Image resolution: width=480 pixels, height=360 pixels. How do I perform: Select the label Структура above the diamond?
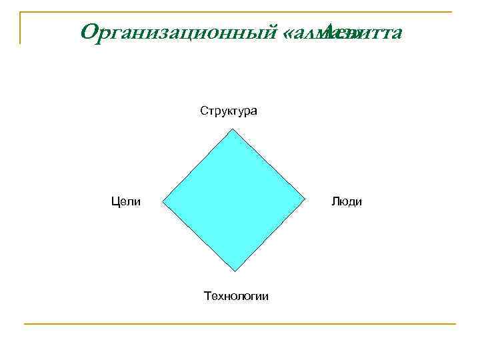(229, 111)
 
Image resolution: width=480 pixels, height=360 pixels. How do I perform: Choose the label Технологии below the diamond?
(237, 295)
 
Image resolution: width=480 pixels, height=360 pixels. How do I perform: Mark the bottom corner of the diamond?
(236, 271)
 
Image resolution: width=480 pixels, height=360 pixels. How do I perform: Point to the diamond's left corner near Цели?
(162, 201)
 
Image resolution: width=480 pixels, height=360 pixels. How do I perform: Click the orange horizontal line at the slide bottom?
(240, 324)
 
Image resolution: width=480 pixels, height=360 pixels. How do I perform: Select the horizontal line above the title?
(240, 11)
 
